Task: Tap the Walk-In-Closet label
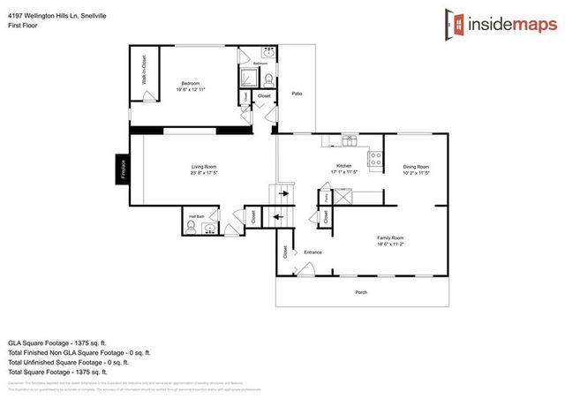coord(143,79)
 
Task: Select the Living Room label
coord(204,167)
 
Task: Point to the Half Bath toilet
coord(191,227)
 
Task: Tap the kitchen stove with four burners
coord(374,160)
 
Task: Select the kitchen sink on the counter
coord(350,139)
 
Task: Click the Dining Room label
coord(416,167)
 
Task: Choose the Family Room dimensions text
coord(391,245)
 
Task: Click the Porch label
coord(361,293)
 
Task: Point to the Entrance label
coord(313,252)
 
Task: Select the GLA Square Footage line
coord(57,341)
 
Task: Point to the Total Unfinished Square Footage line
coord(69,361)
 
